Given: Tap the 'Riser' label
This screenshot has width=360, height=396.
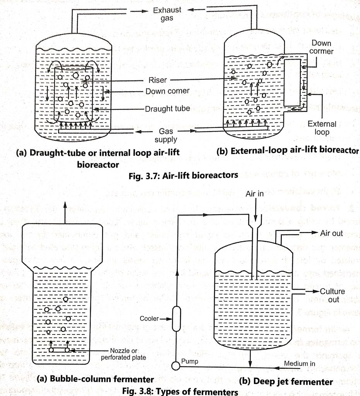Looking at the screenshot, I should pos(157,80).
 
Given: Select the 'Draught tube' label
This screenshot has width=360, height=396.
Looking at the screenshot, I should pos(168,109).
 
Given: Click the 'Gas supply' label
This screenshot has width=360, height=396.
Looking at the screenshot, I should pos(166,135).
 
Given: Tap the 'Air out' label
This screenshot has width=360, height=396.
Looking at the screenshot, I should pos(331,234).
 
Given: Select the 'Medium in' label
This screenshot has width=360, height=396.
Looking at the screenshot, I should pos(299,363).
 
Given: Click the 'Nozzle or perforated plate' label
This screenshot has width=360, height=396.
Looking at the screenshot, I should pos(123,354).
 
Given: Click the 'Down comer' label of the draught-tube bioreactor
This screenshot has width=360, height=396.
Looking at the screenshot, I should pos(167,91).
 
